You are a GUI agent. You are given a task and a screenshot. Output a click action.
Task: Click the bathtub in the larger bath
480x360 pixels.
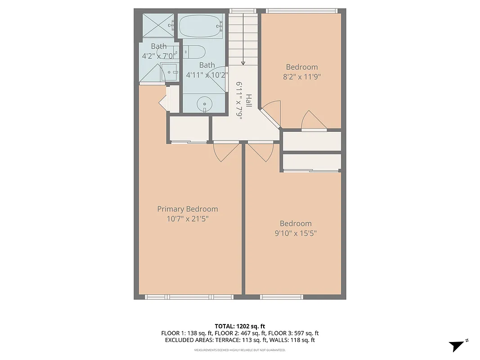[201, 27]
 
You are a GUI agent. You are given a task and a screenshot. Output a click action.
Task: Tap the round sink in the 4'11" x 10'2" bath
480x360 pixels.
[205, 103]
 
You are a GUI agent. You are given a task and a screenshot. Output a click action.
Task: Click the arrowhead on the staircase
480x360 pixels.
[243, 63]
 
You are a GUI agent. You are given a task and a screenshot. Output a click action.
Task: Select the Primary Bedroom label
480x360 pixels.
[188, 209]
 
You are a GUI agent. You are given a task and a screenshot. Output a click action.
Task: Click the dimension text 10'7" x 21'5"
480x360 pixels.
[188, 219]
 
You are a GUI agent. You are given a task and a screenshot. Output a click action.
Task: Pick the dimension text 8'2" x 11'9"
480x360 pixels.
[301, 76]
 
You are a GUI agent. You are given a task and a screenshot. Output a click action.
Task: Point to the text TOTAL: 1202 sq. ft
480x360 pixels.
[240, 326]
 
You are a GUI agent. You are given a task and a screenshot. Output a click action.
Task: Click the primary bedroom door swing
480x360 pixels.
[227, 152]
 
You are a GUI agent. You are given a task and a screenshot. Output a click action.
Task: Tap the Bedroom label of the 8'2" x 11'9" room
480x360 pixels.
[302, 67]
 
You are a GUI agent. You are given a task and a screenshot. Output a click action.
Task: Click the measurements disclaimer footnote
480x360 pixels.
[240, 350]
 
